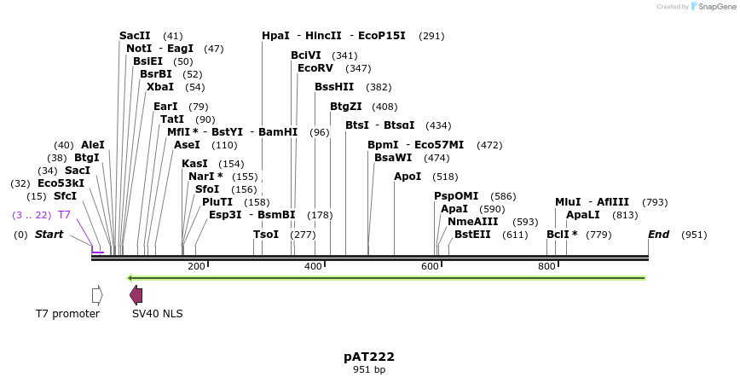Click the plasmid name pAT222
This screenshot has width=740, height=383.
point(369,357)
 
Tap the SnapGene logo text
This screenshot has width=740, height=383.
point(716,6)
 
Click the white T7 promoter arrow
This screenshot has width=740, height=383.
point(97,294)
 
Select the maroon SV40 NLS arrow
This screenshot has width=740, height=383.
point(136,294)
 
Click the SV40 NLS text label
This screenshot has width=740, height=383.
point(157,314)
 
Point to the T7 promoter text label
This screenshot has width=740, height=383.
point(67,314)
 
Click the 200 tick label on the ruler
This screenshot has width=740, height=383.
point(196,266)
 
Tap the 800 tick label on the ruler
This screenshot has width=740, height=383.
point(546,266)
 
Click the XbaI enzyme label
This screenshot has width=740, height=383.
point(159,87)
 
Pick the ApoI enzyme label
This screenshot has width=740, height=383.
point(408,177)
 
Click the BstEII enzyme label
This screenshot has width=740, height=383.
point(472,235)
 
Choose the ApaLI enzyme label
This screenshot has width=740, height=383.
point(583,215)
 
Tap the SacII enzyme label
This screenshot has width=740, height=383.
point(135,36)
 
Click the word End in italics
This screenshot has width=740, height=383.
point(658,235)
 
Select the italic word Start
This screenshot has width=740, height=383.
point(49,235)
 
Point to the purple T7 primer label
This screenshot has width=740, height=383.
point(64,215)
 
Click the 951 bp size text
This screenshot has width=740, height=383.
point(369,370)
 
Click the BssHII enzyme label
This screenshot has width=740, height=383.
point(334,87)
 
